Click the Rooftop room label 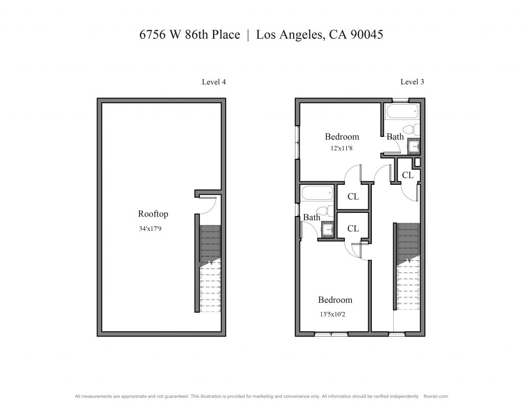tap(153, 214)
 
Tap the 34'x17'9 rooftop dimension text tap(150, 229)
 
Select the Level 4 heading tap(214, 82)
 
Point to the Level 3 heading tap(412, 82)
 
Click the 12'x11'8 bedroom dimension tap(342, 148)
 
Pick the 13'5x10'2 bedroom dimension tap(332, 314)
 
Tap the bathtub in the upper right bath tap(402, 111)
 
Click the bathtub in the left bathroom tap(317, 193)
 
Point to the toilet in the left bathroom tap(325, 211)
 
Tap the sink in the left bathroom tap(328, 230)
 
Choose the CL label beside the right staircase tap(408, 175)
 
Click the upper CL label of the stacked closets tap(353, 197)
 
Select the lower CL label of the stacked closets tap(353, 228)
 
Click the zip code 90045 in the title tap(367, 34)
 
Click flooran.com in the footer tap(436, 396)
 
